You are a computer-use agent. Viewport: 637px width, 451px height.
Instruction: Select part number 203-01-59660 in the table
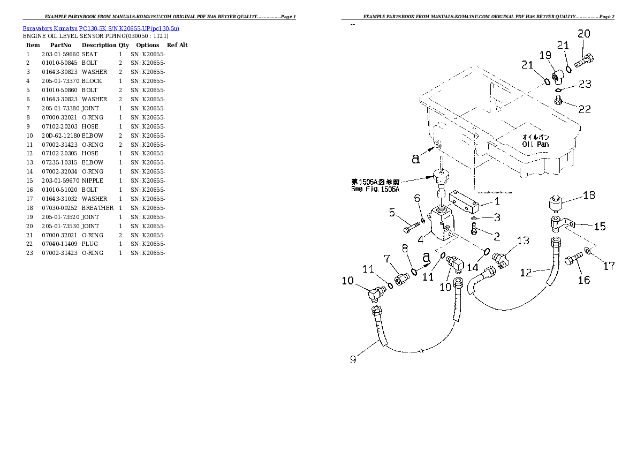[x=60, y=54]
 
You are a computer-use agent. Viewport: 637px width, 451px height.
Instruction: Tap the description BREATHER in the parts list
[x=97, y=208]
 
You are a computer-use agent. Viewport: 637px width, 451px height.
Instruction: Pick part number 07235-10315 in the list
[x=60, y=162]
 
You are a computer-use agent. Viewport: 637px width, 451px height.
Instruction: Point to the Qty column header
[x=124, y=45]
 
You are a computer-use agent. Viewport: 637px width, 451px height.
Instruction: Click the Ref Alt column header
[x=177, y=45]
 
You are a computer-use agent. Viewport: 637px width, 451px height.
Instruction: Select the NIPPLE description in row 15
[x=92, y=181]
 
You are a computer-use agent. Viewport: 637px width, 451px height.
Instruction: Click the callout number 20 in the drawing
[x=583, y=34]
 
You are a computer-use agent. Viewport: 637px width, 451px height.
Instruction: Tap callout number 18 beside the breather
[x=589, y=196]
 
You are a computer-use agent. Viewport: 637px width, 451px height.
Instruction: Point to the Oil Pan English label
[x=535, y=144]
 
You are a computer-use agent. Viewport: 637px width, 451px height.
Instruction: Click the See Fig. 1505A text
[x=375, y=189]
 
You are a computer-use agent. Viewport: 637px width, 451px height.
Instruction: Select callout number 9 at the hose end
[x=353, y=360]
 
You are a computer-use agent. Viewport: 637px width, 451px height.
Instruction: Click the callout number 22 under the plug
[x=585, y=109]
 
